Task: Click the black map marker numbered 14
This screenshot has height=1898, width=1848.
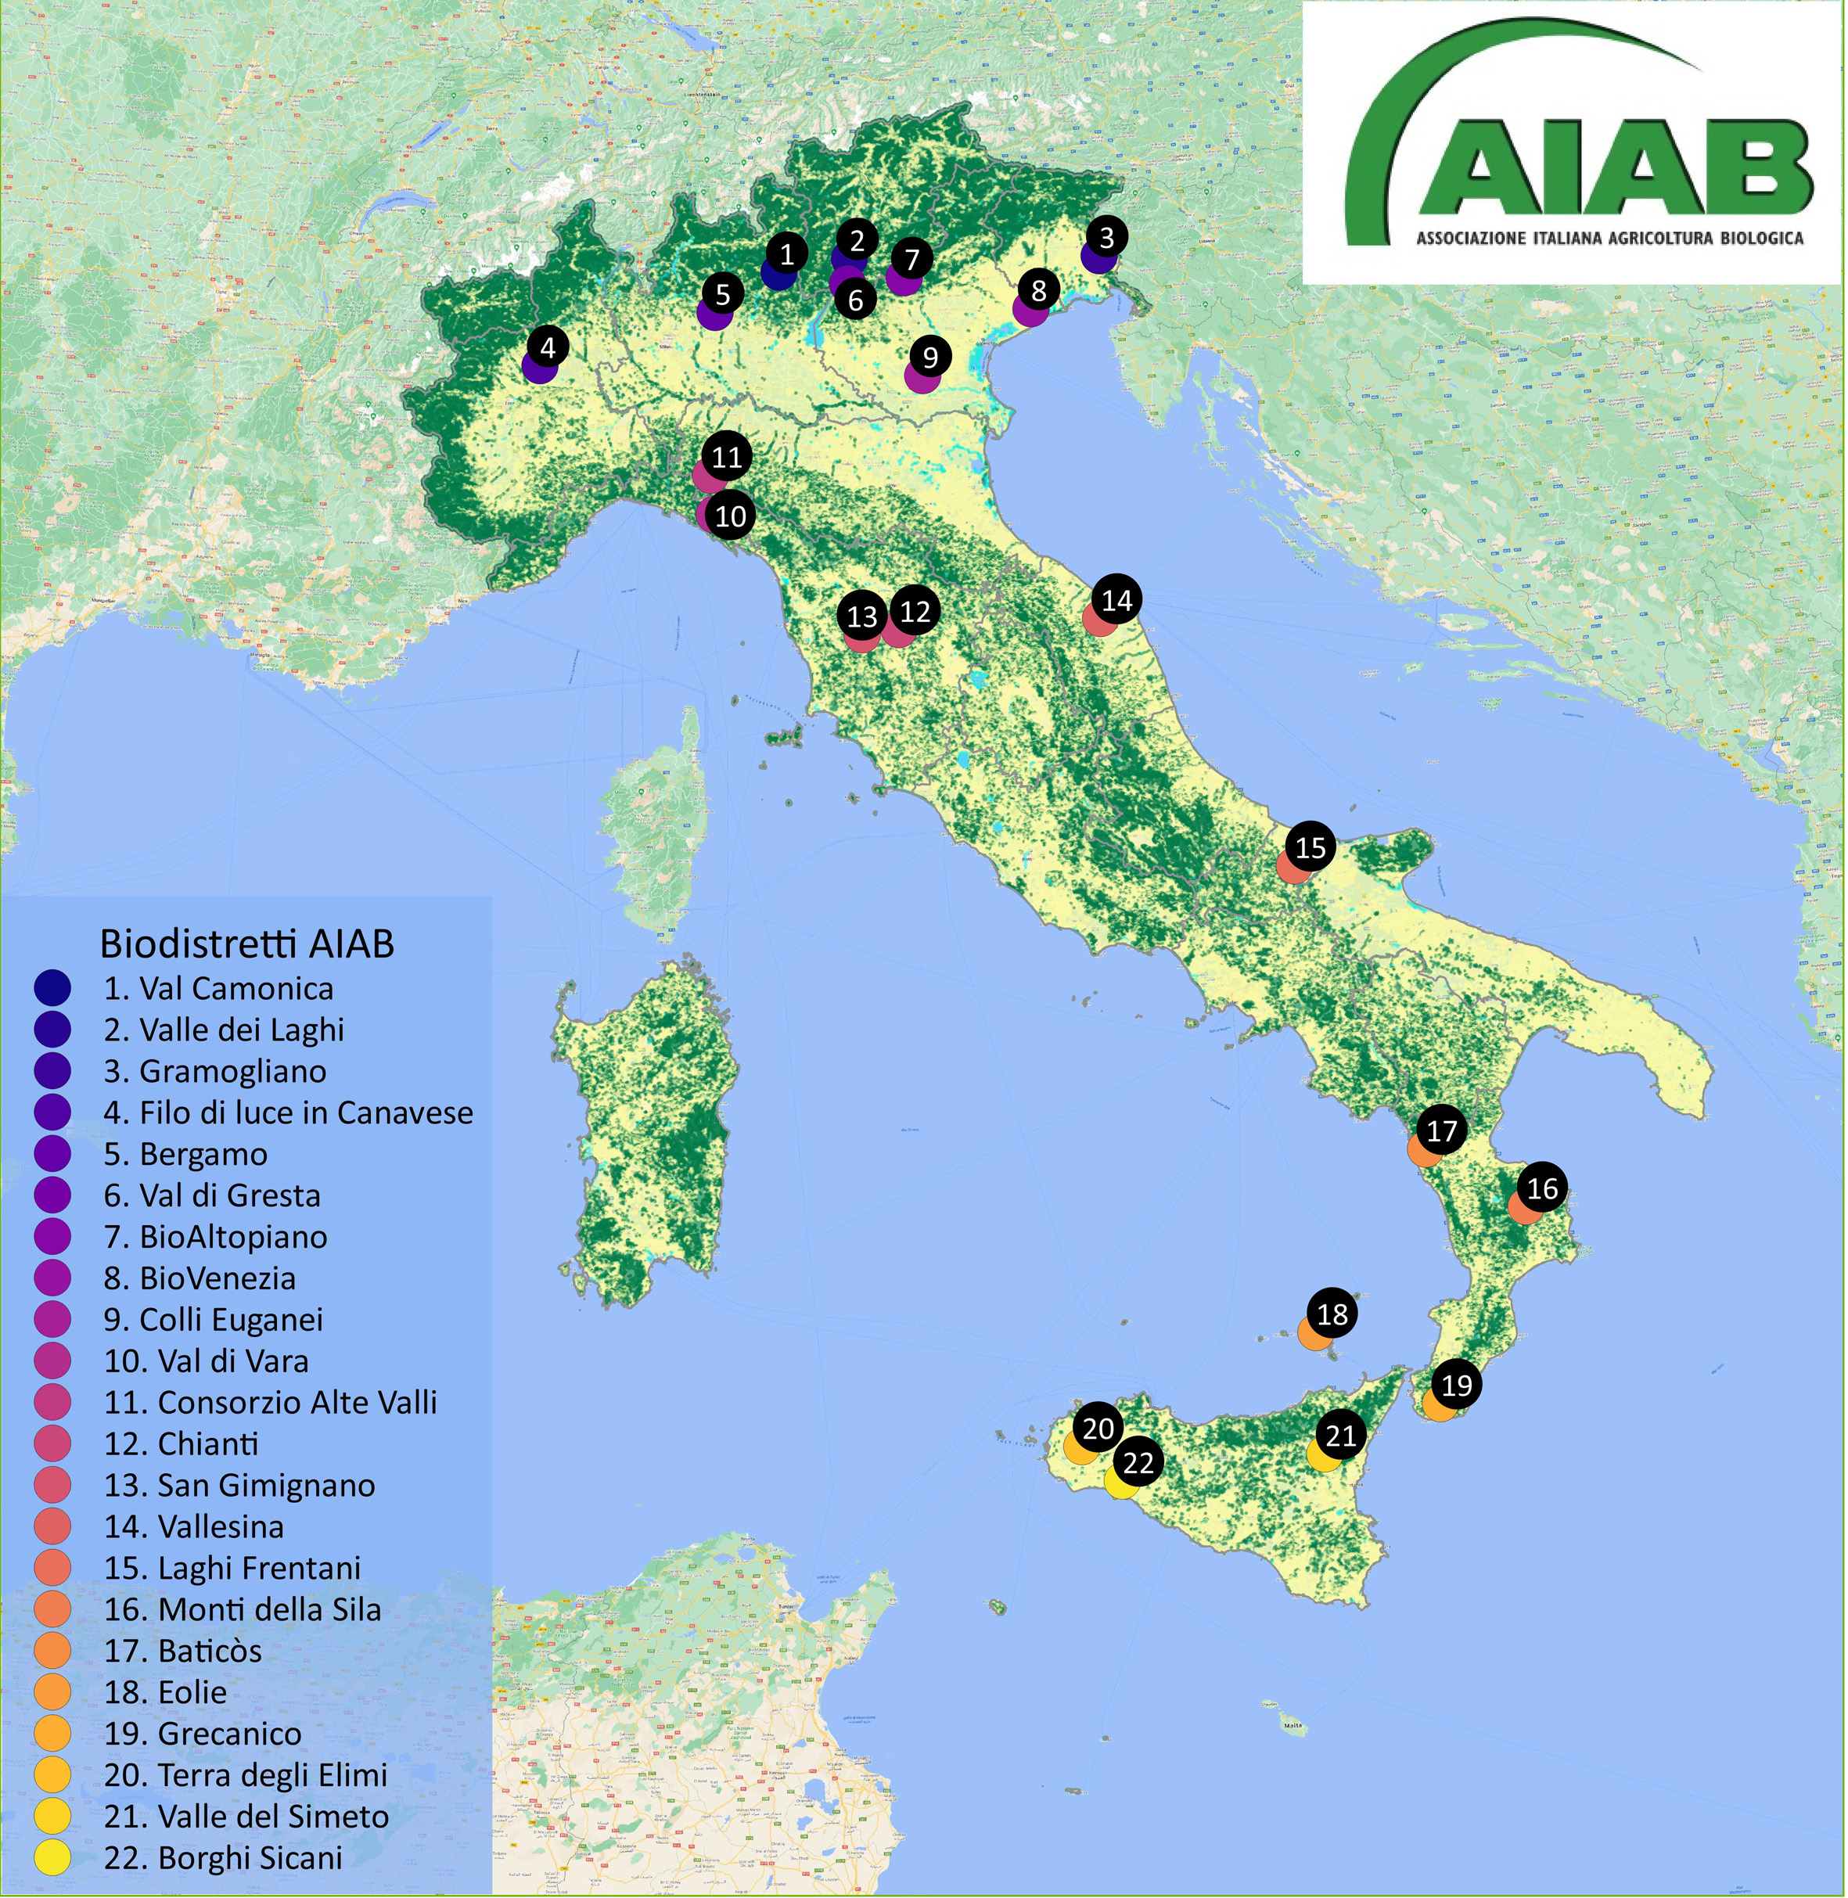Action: point(1116,601)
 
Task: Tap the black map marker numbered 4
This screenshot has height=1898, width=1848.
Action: point(548,347)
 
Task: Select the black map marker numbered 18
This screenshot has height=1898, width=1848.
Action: point(1332,1314)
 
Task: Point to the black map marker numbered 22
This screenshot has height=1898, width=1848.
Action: point(1138,1462)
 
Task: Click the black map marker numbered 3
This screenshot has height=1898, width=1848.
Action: point(1106,237)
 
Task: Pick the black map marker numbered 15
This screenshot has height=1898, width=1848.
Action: point(1310,847)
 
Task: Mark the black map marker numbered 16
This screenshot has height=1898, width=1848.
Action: point(1541,1188)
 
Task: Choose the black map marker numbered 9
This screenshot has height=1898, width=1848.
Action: point(929,357)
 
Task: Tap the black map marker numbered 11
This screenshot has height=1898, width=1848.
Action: point(726,457)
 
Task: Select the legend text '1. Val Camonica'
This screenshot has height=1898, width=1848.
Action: point(218,989)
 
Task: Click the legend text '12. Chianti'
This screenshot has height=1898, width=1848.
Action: point(182,1444)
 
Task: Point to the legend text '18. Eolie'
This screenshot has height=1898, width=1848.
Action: point(165,1692)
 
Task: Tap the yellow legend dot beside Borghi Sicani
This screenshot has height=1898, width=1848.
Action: point(52,1857)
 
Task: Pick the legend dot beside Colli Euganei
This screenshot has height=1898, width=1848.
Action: point(52,1320)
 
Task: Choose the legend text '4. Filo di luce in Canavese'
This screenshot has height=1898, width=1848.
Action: point(288,1113)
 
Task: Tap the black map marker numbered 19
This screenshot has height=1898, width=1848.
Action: point(1456,1385)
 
